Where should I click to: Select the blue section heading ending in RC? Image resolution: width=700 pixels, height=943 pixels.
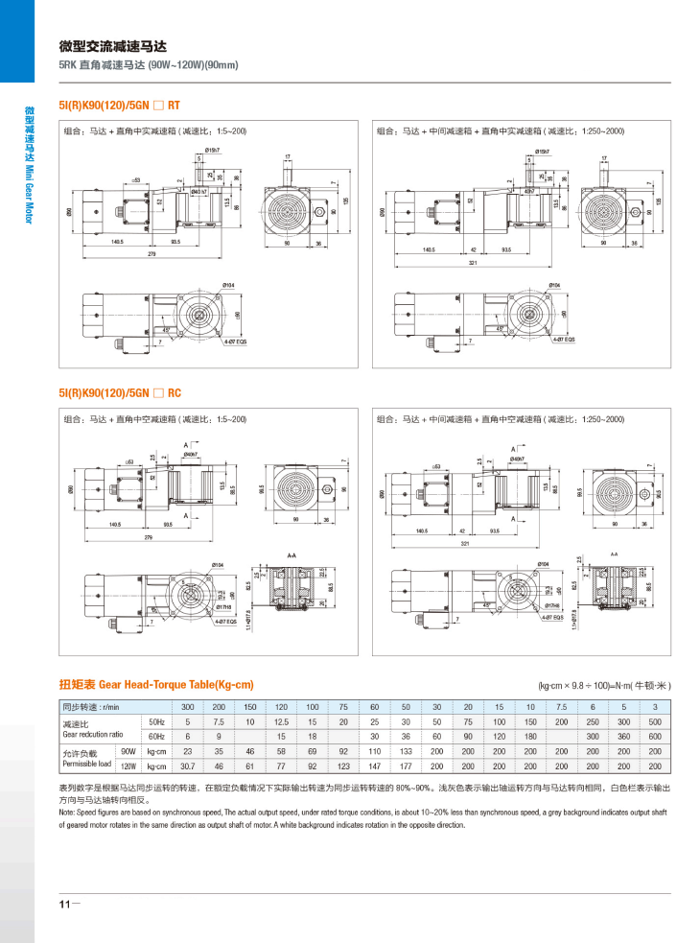[121, 393]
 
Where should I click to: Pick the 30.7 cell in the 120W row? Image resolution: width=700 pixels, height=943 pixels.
[188, 766]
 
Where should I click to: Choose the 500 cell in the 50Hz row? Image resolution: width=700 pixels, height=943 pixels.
[654, 720]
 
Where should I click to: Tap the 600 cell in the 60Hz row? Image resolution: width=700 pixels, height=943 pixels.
[654, 736]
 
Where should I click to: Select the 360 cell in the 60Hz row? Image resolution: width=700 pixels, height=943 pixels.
[623, 736]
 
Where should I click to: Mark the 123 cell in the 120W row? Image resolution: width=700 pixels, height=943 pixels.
[343, 766]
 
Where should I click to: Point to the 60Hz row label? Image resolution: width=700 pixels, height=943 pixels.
[155, 736]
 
